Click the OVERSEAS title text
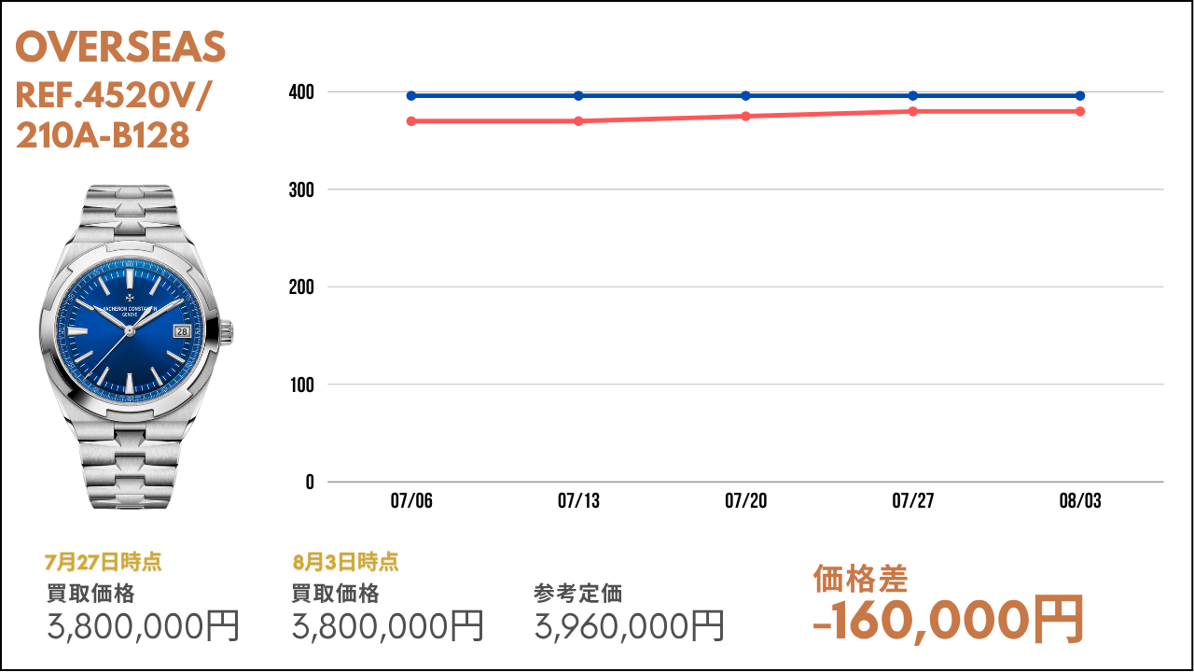pyautogui.click(x=120, y=48)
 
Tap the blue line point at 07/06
pyautogui.click(x=411, y=95)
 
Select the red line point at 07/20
pyautogui.click(x=745, y=116)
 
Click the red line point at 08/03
pyautogui.click(x=1080, y=111)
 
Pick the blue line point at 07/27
pyautogui.click(x=913, y=95)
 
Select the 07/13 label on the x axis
pyautogui.click(x=578, y=501)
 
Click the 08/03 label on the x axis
pyautogui.click(x=1080, y=501)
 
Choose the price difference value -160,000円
pyautogui.click(x=948, y=619)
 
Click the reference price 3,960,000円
pyautogui.click(x=629, y=625)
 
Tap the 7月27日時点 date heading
pyautogui.click(x=103, y=562)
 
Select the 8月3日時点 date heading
pyautogui.click(x=345, y=562)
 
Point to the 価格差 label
pyautogui.click(x=860, y=579)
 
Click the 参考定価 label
pyautogui.click(x=577, y=593)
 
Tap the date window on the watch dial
pyautogui.click(x=182, y=330)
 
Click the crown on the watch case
pyautogui.click(x=227, y=330)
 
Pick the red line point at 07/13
pyautogui.click(x=578, y=120)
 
